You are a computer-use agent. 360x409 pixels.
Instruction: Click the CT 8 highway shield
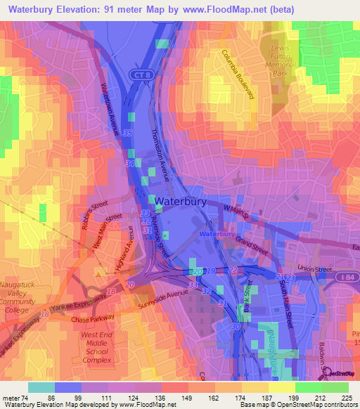[139, 74]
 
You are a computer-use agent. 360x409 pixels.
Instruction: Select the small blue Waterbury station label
[217, 233]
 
